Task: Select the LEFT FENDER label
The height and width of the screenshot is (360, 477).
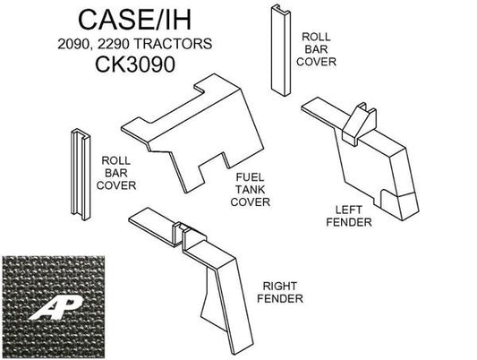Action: coord(349,215)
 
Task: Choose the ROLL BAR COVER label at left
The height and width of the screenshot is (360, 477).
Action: coord(117,169)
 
